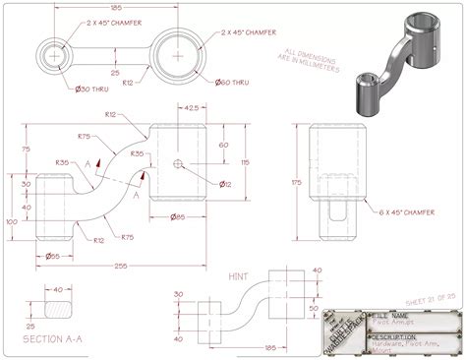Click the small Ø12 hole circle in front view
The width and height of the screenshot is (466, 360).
click(177, 163)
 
